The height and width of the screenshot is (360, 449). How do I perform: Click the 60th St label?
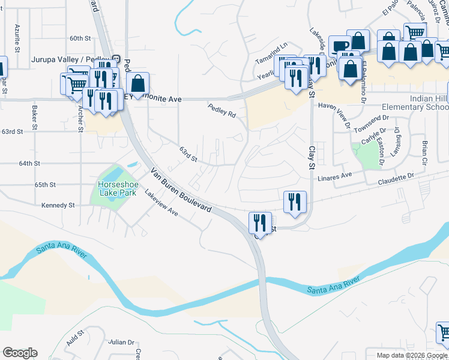pyautogui.click(x=80, y=38)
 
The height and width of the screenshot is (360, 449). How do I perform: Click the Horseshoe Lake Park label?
pyautogui.click(x=118, y=188)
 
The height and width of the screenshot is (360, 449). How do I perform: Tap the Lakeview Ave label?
pyautogui.click(x=161, y=204)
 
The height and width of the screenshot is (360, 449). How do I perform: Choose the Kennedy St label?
pyautogui.click(x=58, y=205)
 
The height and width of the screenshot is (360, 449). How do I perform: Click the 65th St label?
pyautogui.click(x=45, y=184)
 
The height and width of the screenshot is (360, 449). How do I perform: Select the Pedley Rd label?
pyautogui.click(x=221, y=111)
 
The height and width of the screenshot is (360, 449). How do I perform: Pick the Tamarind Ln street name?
pyautogui.click(x=271, y=46)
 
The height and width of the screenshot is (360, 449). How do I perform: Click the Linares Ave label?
pyautogui.click(x=335, y=176)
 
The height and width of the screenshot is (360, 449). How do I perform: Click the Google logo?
pyautogui.click(x=20, y=353)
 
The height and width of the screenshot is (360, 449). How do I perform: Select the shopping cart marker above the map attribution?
pyautogui.click(x=443, y=332)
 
